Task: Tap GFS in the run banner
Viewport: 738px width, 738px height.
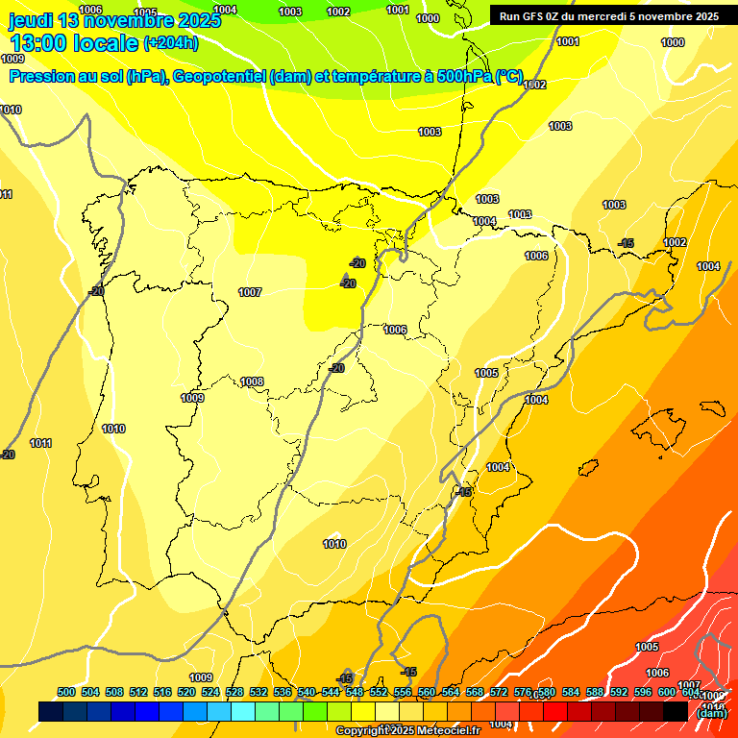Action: pos(534,16)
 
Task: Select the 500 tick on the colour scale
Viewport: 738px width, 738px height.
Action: pos(66,692)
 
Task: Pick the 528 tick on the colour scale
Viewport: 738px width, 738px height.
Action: pos(234,692)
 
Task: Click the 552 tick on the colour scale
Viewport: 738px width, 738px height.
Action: pos(379,692)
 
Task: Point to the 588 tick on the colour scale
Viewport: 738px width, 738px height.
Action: pos(595,692)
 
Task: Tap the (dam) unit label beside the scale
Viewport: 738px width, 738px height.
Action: pos(711,713)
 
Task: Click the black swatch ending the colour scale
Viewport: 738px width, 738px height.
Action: pos(676,711)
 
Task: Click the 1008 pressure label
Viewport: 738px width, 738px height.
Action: pos(252,381)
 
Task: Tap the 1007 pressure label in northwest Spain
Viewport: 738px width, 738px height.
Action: pos(250,292)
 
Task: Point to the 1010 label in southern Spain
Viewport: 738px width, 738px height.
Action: pos(334,545)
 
